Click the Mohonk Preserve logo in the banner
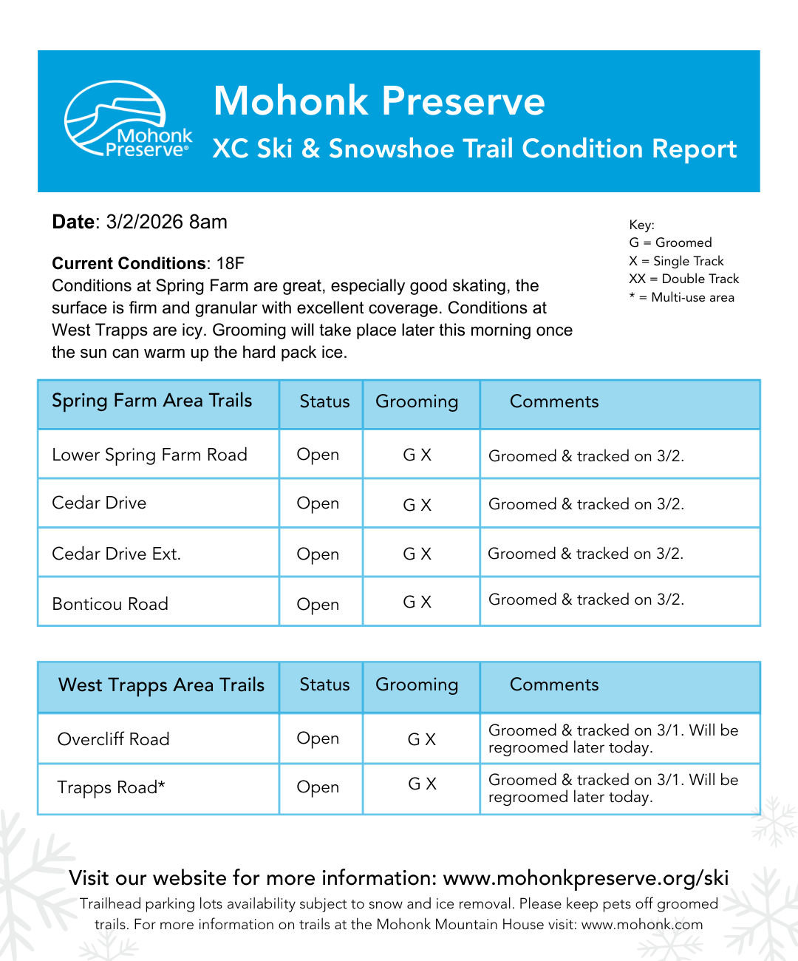(x=128, y=119)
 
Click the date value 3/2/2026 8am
(x=166, y=223)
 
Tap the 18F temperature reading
(x=230, y=264)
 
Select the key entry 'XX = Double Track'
(x=683, y=279)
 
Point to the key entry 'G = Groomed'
(x=670, y=242)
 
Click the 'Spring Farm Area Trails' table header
(x=151, y=401)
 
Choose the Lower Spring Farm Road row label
(x=149, y=455)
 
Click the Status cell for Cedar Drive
(x=318, y=503)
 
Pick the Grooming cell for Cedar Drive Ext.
(x=417, y=554)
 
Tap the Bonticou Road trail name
(x=110, y=605)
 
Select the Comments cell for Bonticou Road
(x=586, y=600)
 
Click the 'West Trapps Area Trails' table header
(x=161, y=685)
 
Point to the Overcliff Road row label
(x=113, y=739)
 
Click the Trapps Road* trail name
(x=111, y=788)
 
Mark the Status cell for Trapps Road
(x=318, y=787)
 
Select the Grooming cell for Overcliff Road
(x=422, y=739)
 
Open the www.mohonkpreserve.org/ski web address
(x=585, y=878)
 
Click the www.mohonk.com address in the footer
(x=641, y=925)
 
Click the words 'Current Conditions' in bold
(x=129, y=264)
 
